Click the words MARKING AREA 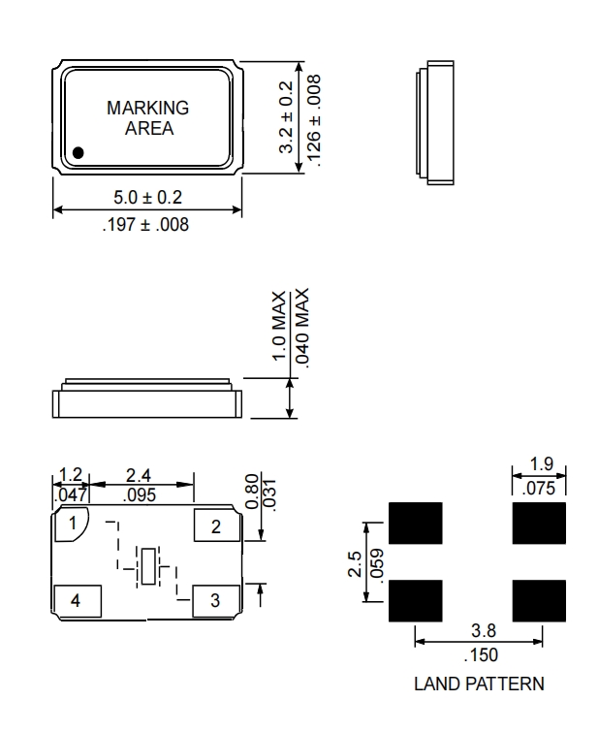tap(147, 118)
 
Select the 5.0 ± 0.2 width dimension tap(147, 197)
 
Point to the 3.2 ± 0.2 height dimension tap(286, 117)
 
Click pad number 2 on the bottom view tap(215, 526)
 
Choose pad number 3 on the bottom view tap(215, 600)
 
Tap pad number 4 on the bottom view tap(76, 601)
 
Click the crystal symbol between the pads tap(146, 566)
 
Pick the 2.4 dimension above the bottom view tap(141, 476)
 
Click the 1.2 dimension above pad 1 tap(69, 476)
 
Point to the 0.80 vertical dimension tap(251, 492)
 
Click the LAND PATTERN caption tap(479, 684)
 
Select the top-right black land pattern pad tap(539, 525)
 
